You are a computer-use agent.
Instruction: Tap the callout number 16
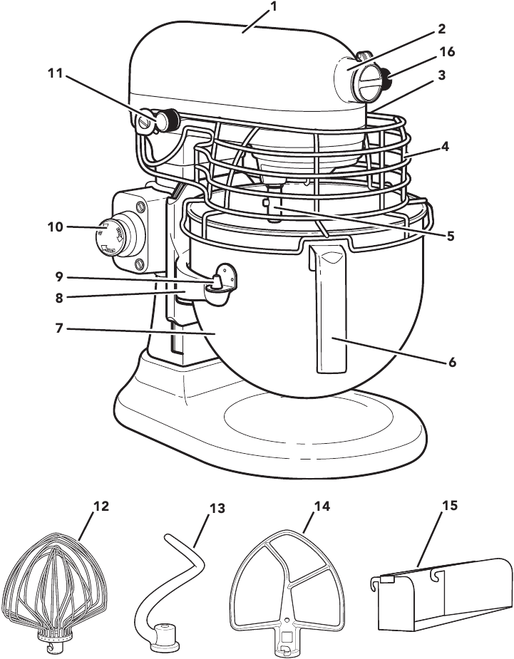click(447, 52)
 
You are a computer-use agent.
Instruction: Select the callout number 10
click(56, 227)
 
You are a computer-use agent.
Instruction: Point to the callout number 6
click(451, 362)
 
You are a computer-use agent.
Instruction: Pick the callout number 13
click(217, 509)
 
